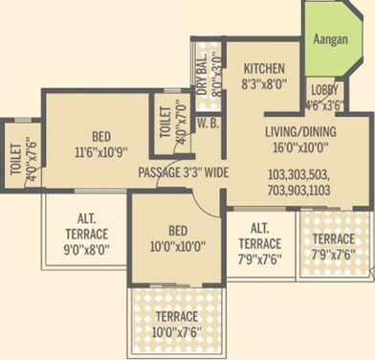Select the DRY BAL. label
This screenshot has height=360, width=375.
click(x=202, y=65)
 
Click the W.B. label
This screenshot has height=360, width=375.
click(x=205, y=124)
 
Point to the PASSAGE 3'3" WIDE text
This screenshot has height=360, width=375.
click(x=182, y=172)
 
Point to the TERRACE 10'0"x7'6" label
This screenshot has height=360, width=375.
click(x=176, y=323)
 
